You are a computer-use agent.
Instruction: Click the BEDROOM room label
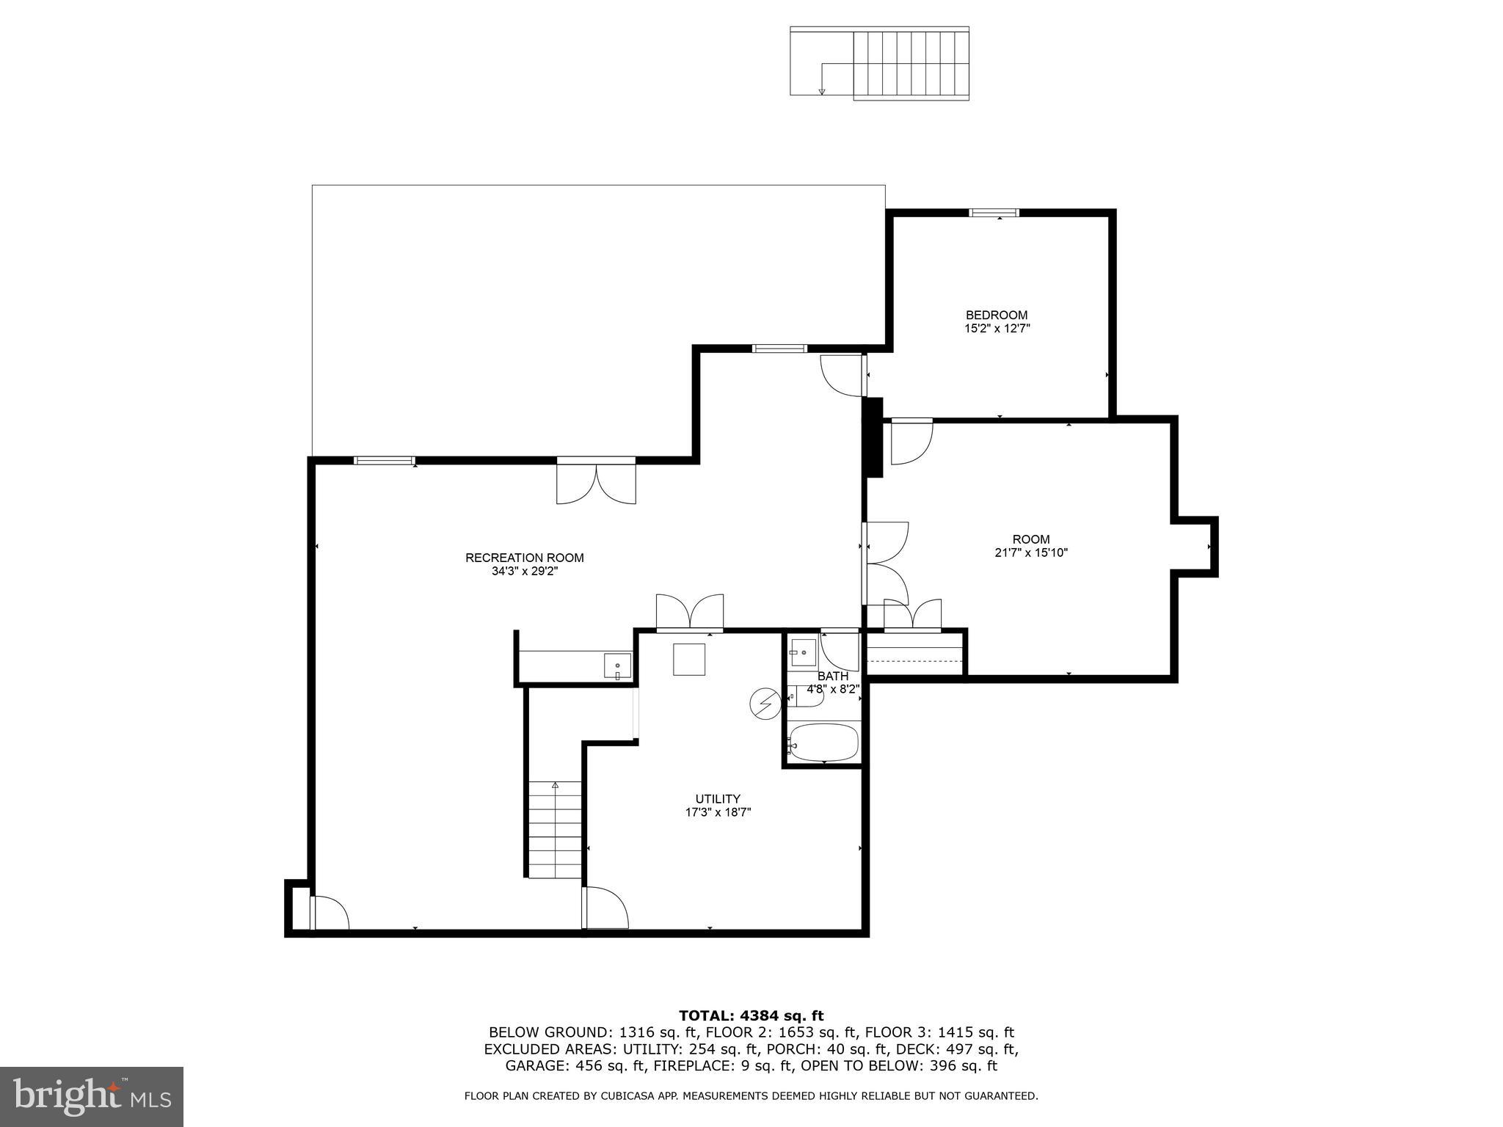(996, 316)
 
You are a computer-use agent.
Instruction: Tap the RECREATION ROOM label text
(524, 558)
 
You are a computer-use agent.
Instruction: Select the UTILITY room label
(717, 799)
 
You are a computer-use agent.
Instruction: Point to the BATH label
(832, 676)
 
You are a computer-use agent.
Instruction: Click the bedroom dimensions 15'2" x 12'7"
(997, 329)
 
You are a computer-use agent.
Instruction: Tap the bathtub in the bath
(823, 743)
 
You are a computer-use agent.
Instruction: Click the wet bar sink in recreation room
(617, 666)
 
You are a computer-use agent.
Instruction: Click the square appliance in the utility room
(689, 659)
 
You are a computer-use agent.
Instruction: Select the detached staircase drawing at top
(879, 62)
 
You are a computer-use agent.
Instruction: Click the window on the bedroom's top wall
(994, 213)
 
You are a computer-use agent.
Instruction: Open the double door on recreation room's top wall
(596, 481)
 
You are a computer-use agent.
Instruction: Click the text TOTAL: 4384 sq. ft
(751, 1016)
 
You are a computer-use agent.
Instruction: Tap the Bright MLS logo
(91, 1096)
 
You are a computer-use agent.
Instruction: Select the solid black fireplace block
(873, 437)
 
